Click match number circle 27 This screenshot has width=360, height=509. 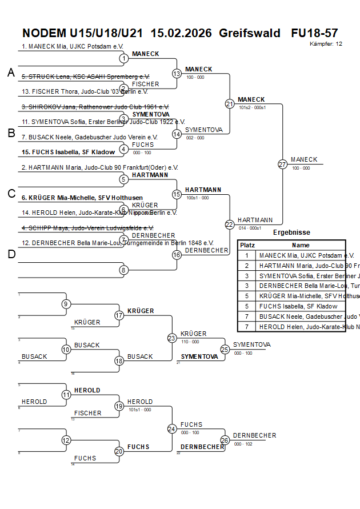[x=282, y=164]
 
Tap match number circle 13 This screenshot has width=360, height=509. [x=177, y=73]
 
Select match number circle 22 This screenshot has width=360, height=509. [x=229, y=225]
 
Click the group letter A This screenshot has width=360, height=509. [x=11, y=73]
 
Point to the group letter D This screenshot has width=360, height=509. [x=11, y=254]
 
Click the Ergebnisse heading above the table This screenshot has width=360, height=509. [x=291, y=233]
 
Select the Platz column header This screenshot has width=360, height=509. [x=247, y=245]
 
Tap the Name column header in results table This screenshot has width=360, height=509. [x=301, y=245]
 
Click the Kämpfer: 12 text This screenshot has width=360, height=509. [x=326, y=43]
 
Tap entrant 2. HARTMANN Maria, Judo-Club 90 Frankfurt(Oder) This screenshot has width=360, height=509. [x=99, y=167]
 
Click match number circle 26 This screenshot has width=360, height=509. [x=225, y=440]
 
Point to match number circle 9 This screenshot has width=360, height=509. [x=66, y=304]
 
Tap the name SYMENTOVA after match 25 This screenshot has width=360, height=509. [x=251, y=344]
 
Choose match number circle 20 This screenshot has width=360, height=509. [x=119, y=451]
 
